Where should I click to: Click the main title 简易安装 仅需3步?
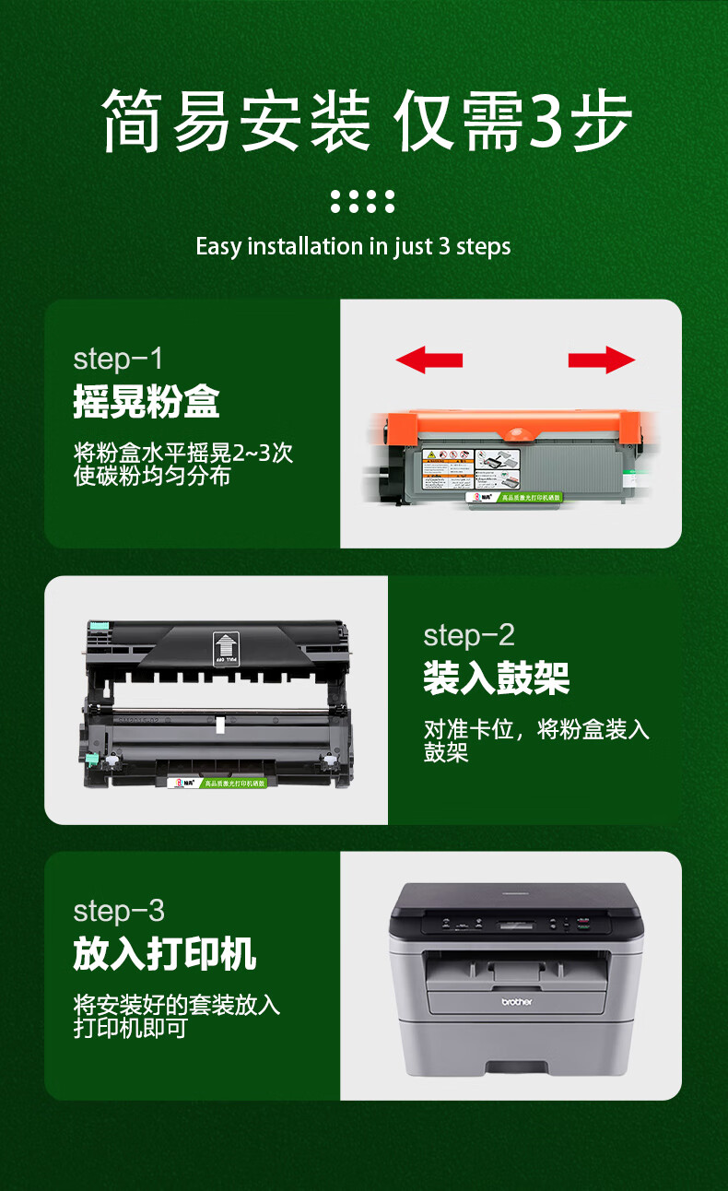coord(367,121)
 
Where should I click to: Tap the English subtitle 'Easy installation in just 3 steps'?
coord(353,247)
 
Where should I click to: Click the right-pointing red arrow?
coord(602,360)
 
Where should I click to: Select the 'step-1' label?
coord(118,359)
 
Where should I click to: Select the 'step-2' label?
coord(468,635)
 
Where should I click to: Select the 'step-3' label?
coord(118,911)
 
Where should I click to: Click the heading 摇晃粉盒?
coord(147,402)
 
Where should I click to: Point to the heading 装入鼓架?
coord(496,678)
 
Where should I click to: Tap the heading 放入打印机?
coord(164,954)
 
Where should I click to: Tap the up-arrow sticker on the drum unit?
coord(225,646)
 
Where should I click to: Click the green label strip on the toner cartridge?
coord(530,498)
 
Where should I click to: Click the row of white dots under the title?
coord(362,201)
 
